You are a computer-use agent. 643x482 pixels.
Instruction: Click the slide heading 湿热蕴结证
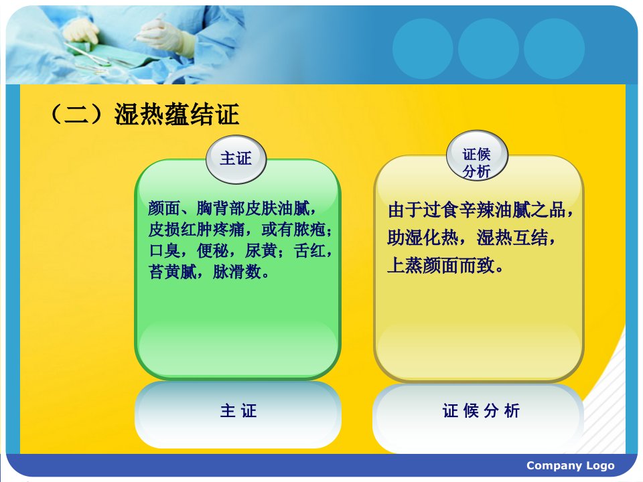[x=176, y=114]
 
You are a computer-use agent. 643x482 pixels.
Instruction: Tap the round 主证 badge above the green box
[x=236, y=159]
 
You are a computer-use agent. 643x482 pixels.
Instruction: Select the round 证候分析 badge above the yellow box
[x=476, y=156]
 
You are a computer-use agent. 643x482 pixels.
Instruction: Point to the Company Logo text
[x=571, y=466]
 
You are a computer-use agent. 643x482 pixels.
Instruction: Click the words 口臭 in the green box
[x=165, y=251]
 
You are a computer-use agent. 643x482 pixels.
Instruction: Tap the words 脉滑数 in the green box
[x=237, y=272]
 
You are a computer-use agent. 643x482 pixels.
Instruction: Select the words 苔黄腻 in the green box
[x=173, y=272]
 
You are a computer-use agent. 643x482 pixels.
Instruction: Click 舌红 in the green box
[x=309, y=251]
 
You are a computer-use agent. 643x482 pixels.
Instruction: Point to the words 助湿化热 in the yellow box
[x=423, y=238]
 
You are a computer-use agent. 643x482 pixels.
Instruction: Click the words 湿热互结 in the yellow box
[x=512, y=238]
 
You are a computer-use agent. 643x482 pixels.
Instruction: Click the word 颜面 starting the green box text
[x=165, y=209]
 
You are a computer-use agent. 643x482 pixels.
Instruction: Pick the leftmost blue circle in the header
[x=423, y=49]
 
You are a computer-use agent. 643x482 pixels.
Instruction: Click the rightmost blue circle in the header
[x=554, y=49]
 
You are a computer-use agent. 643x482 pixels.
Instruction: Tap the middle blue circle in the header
[x=488, y=49]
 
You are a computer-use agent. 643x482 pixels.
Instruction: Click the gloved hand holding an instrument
[x=164, y=33]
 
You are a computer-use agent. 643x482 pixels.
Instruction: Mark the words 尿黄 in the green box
[x=261, y=251]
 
